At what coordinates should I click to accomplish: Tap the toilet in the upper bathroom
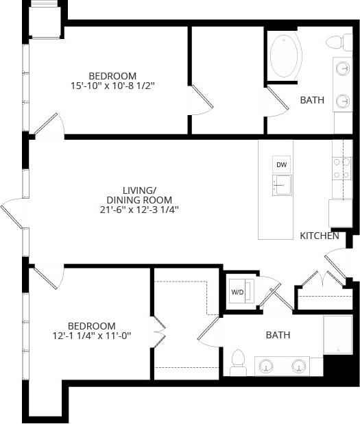[x=336, y=42]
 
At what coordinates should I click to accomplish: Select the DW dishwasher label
[x=281, y=165]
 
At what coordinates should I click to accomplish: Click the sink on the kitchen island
[x=281, y=185]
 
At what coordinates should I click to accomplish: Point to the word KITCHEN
[x=319, y=236]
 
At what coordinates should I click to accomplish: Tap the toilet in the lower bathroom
[x=238, y=361]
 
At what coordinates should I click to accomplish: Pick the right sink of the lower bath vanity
[x=299, y=366]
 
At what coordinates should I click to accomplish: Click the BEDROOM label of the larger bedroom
[x=112, y=75]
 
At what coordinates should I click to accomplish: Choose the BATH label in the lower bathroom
[x=278, y=335]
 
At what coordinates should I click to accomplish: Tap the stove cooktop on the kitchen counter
[x=341, y=168]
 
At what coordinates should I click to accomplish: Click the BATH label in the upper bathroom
[x=312, y=100]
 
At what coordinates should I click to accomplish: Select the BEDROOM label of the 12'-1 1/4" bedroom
[x=91, y=325]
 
